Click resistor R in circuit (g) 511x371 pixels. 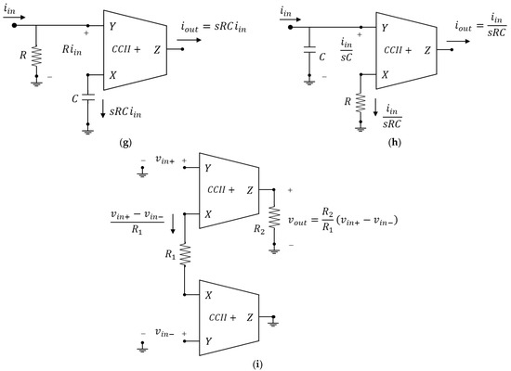click(x=36, y=57)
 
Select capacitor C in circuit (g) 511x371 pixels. click(x=87, y=97)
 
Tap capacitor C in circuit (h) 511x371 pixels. click(x=309, y=50)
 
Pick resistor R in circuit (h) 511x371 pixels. click(x=360, y=103)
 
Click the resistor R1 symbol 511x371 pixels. click(x=185, y=254)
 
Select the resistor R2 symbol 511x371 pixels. click(x=274, y=217)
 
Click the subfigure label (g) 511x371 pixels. click(x=125, y=143)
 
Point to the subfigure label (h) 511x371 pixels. click(x=395, y=142)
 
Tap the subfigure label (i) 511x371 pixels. click(x=257, y=365)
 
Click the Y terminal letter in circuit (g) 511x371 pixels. click(x=112, y=26)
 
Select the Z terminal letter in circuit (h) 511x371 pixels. click(x=427, y=50)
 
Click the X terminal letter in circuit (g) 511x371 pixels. click(x=112, y=75)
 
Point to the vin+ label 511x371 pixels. click(x=164, y=160)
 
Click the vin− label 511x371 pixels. click(x=164, y=333)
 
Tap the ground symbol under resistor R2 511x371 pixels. click(x=274, y=250)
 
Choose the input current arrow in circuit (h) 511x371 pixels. click(x=290, y=19)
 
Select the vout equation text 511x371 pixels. click(x=343, y=220)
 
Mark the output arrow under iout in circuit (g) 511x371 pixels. click(x=190, y=41)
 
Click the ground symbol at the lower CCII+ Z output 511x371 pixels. click(x=273, y=323)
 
